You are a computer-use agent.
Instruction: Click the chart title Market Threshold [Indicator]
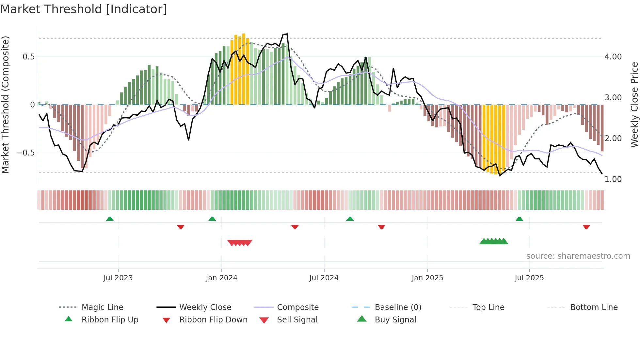(84, 9)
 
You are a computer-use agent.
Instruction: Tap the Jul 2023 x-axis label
(118, 278)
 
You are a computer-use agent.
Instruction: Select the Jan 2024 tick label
(221, 278)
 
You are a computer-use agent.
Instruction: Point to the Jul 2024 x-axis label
(324, 278)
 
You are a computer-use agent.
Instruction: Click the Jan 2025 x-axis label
(427, 278)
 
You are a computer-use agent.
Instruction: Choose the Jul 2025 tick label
(529, 278)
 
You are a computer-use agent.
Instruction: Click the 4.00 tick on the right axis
(613, 57)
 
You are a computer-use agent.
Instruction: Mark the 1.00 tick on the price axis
(613, 179)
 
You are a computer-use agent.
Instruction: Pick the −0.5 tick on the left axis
(25, 153)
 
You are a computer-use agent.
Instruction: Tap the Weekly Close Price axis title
(634, 105)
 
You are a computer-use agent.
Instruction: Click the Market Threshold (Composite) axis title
(5, 105)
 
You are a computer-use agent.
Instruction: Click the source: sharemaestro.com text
(578, 256)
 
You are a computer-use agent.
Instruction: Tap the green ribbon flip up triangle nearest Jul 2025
(519, 219)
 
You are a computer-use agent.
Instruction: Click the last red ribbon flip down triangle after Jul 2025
(586, 227)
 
